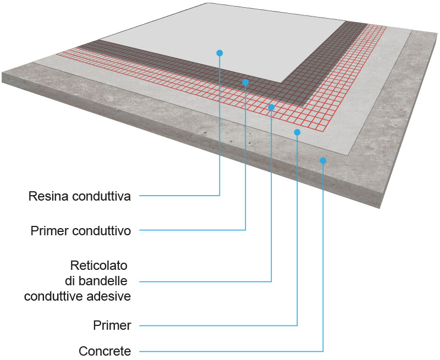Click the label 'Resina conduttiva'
pos(80,196)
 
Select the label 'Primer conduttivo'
pos(81,231)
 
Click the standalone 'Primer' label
pos(112,326)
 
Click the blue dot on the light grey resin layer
pos(219,53)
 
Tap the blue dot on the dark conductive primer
pos(245,82)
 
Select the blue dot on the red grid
pos(271,107)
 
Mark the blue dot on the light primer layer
pos(297,132)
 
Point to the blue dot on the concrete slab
pos(323,160)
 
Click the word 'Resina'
pos(47,196)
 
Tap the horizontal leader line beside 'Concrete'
pos(231,351)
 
